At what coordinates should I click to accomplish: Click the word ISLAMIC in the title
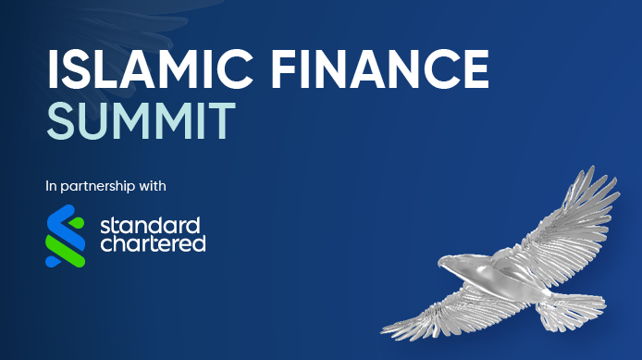[x=150, y=68]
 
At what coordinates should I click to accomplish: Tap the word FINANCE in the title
[x=379, y=68]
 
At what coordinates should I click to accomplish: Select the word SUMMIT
[x=142, y=121]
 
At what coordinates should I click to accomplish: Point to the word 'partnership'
[x=97, y=186]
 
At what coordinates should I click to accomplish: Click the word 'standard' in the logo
[x=150, y=226]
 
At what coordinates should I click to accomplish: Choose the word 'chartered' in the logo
[x=153, y=242]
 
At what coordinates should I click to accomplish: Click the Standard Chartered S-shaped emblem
[x=66, y=236]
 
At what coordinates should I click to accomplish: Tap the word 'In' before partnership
[x=51, y=186]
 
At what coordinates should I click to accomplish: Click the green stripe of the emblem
[x=66, y=246]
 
